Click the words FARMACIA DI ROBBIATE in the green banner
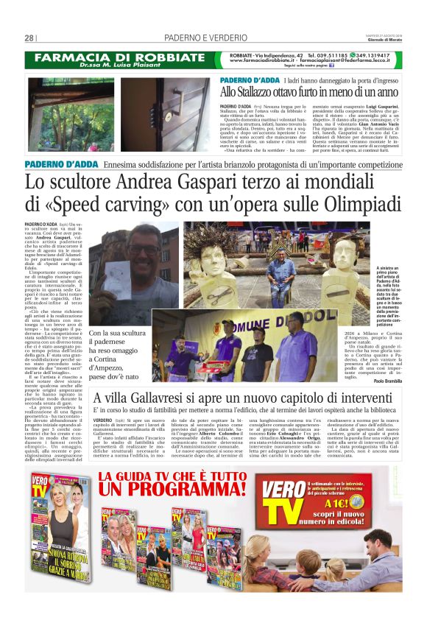tap(112, 57)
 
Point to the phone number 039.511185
tap(329, 54)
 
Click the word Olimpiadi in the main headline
tap(359, 202)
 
